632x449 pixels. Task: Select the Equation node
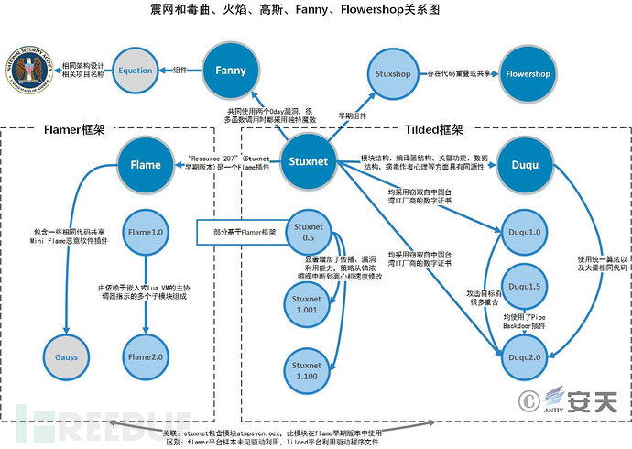coord(136,71)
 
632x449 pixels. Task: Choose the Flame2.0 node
coord(146,355)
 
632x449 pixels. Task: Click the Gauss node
coord(67,355)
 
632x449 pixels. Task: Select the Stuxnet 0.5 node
coord(308,233)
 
